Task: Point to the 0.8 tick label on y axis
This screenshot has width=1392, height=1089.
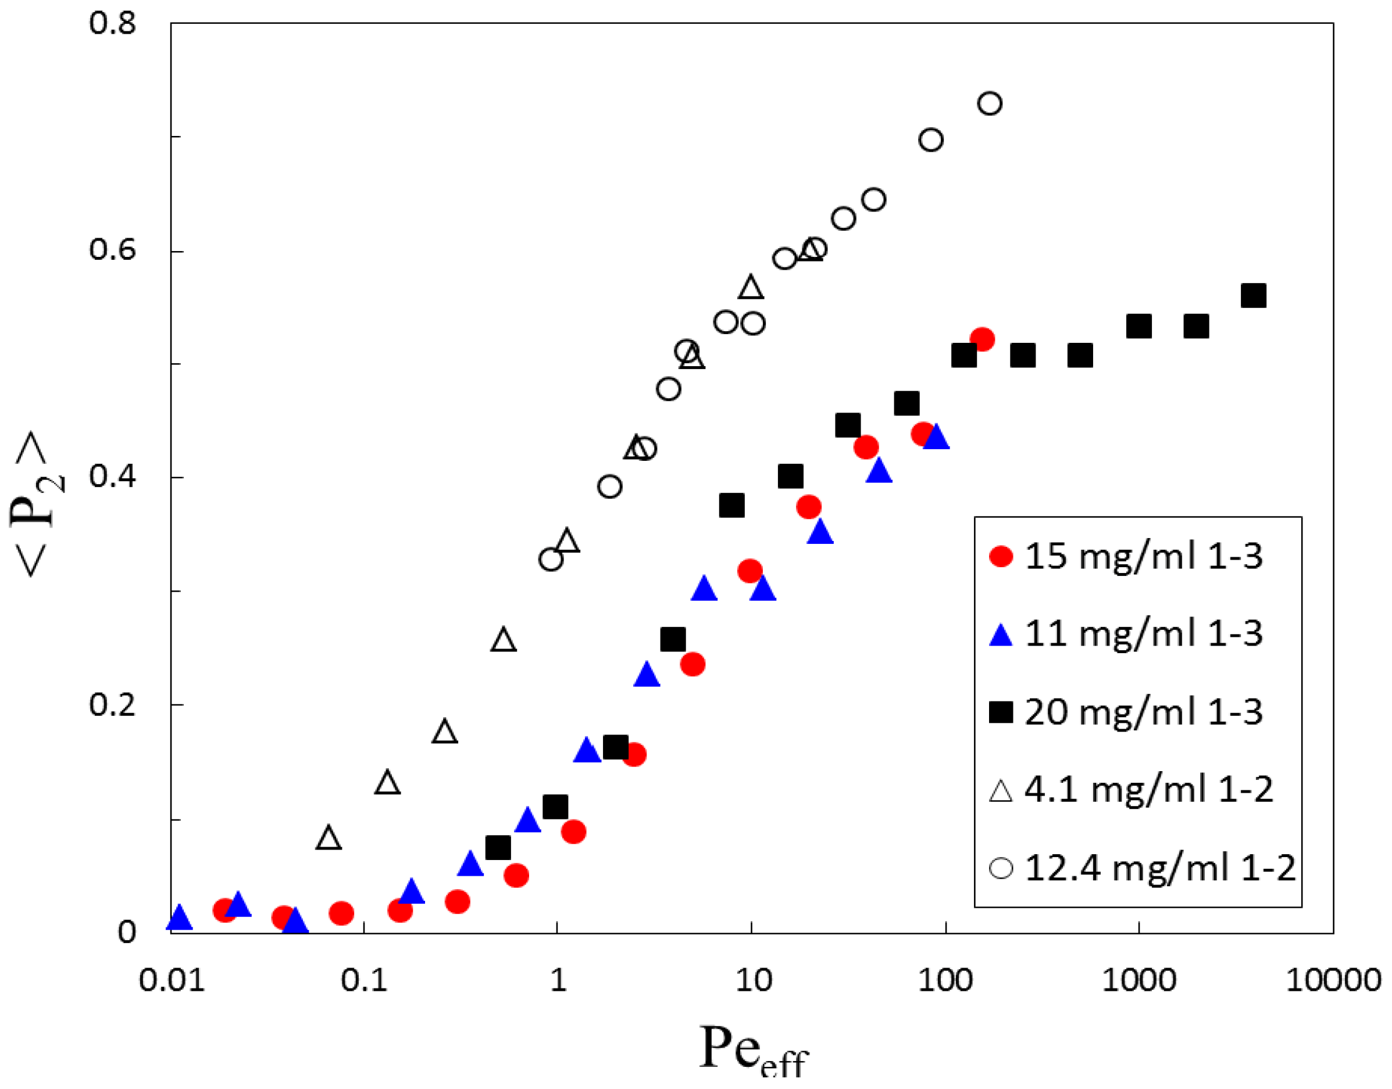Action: [112, 24]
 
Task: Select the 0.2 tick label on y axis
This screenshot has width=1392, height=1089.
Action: [112, 704]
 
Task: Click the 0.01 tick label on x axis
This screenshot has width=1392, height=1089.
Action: [172, 979]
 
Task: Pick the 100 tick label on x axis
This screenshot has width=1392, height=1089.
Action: [945, 979]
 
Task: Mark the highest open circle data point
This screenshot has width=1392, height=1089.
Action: [990, 103]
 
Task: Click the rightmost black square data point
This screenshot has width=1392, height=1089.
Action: [1253, 296]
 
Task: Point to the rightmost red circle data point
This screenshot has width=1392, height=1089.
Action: [982, 340]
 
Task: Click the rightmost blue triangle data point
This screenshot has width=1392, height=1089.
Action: [937, 438]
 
